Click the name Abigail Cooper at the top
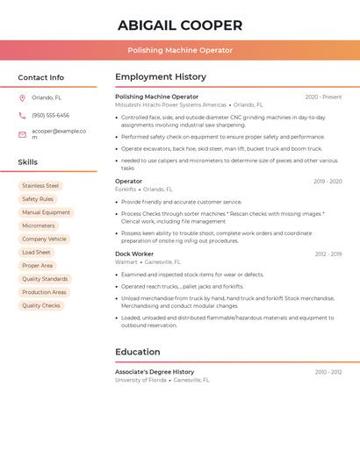[x=180, y=25]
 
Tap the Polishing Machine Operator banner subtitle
[x=180, y=50]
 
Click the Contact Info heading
[x=41, y=77]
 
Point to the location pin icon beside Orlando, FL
[x=22, y=98]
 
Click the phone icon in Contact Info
[x=22, y=116]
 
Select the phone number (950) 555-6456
[x=50, y=116]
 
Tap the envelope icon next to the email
[x=22, y=134]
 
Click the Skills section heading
[x=28, y=162]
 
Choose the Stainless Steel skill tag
[x=40, y=186]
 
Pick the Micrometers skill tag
[x=39, y=225]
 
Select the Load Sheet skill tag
[x=36, y=253]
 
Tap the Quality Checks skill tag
[x=41, y=305]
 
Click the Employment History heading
[x=161, y=76]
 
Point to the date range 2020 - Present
[x=323, y=97]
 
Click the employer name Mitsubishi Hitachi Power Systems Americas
[x=170, y=104]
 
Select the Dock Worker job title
[x=134, y=254]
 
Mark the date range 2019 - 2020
[x=328, y=182]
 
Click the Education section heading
[x=138, y=352]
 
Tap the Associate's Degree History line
[x=155, y=372]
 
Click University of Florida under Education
[x=140, y=380]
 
